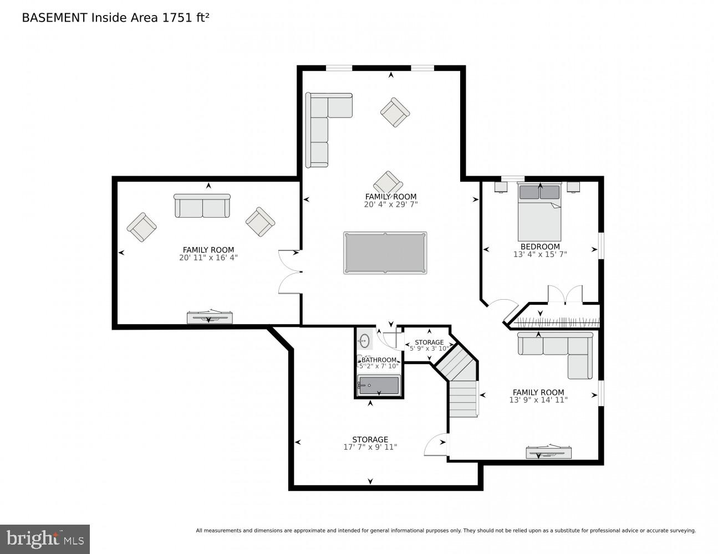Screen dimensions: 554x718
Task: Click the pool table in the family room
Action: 385,253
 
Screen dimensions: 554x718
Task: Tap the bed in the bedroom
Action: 539,213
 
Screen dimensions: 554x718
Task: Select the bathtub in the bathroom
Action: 379,385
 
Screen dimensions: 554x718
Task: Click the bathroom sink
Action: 364,340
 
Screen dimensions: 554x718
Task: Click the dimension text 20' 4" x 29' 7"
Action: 390,204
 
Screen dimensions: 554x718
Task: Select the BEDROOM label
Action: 539,247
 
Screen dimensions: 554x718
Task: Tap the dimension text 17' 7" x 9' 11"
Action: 370,447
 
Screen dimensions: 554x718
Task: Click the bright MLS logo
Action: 44,538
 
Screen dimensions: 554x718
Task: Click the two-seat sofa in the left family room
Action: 202,206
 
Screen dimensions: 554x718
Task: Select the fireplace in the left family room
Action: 209,318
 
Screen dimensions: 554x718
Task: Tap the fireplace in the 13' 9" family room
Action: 548,452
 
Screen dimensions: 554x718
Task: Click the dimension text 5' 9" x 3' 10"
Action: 429,349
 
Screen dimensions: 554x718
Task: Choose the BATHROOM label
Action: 379,360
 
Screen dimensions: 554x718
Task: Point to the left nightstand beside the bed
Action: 501,187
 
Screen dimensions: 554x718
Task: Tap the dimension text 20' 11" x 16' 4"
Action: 208,258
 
